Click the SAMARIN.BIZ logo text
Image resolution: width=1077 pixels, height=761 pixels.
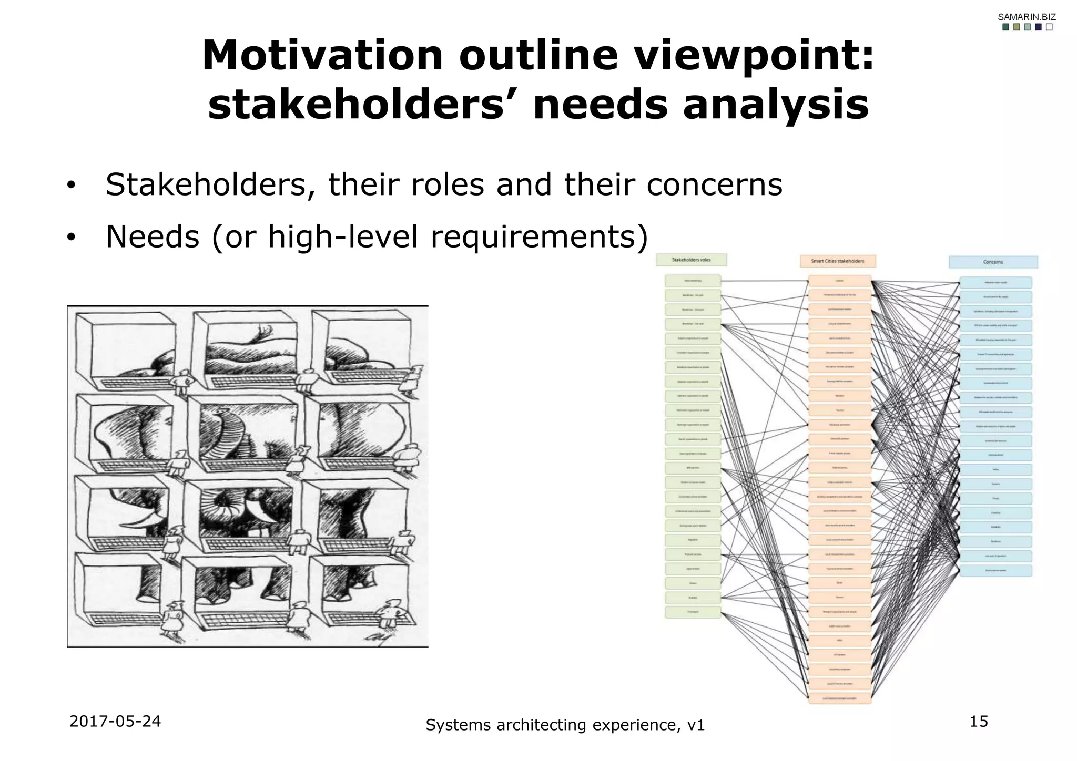pos(1027,17)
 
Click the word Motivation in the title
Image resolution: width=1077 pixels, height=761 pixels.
pos(322,56)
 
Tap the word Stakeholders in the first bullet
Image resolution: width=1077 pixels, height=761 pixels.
pos(206,184)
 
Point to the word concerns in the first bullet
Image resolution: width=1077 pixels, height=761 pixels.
pos(714,184)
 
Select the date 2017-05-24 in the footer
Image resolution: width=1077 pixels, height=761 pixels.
pos(115,722)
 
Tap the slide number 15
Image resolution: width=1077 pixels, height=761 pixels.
pos(979,722)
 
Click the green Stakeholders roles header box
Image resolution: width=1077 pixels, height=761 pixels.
pos(691,260)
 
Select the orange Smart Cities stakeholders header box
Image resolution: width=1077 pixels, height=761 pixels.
pos(837,261)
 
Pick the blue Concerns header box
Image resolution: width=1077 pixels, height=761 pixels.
pos(993,262)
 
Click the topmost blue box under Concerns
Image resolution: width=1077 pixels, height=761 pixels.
pos(995,283)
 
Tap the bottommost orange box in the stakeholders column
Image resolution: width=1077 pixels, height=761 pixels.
pos(839,698)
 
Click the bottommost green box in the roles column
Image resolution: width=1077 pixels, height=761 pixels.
pos(693,612)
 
